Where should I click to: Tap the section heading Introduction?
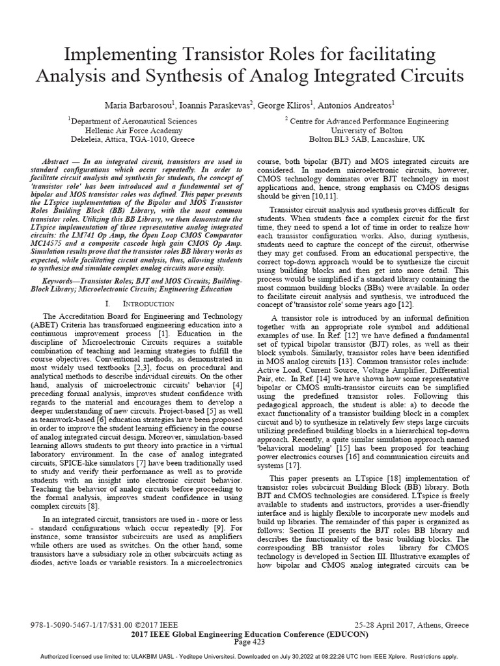coord(152,304)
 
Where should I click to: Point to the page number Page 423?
coord(250,642)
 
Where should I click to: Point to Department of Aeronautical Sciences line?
coord(126,121)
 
